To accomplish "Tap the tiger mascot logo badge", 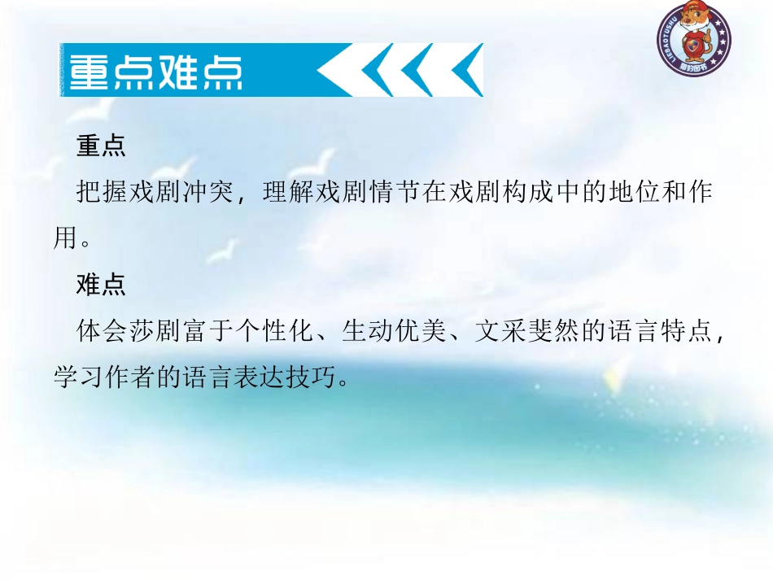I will coord(694,37).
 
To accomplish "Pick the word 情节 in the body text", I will coord(395,193).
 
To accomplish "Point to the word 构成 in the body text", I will coord(530,193).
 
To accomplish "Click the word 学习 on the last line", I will coord(81,377).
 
